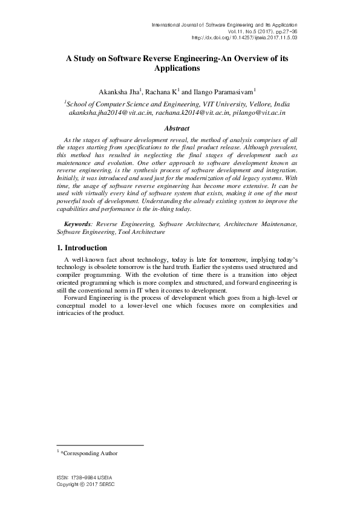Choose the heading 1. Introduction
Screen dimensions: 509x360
[x=82, y=248]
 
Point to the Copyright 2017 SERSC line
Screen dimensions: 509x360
[x=85, y=485]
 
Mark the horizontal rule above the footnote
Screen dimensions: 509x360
[x=100, y=446]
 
